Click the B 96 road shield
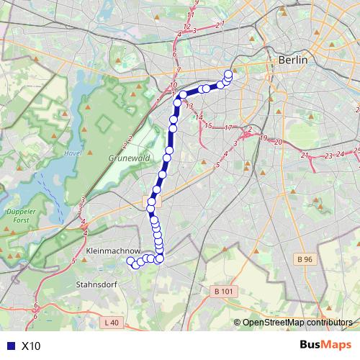[x=306, y=258]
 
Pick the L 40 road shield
[x=111, y=323]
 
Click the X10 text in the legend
[x=32, y=346]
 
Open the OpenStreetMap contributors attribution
[x=297, y=323]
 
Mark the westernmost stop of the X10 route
[x=130, y=261]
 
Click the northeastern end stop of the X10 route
[x=229, y=73]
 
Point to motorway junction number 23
[x=328, y=155]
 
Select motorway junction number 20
[x=278, y=142]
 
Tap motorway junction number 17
[x=228, y=128]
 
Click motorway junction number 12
[x=186, y=27]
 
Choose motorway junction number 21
[x=305, y=155]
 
